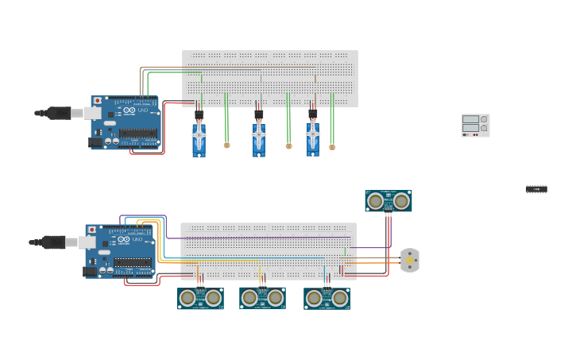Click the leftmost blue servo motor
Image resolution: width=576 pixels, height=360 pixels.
click(199, 140)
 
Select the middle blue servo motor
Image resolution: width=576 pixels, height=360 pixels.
click(259, 140)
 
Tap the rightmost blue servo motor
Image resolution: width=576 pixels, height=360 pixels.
click(313, 140)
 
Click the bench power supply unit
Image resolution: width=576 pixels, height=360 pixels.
click(475, 126)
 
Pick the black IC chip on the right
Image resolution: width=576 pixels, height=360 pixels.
click(536, 189)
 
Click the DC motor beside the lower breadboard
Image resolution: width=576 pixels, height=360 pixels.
click(409, 260)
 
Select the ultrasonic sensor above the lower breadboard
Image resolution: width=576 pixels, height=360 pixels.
click(389, 201)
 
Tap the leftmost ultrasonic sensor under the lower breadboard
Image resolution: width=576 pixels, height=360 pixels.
click(200, 298)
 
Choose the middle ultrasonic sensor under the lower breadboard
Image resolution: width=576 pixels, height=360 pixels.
click(262, 298)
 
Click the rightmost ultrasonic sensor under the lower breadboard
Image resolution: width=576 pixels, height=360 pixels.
click(327, 298)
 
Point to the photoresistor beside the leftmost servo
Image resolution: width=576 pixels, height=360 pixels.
click(226, 145)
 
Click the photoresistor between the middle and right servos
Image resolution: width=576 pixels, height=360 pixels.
click(288, 146)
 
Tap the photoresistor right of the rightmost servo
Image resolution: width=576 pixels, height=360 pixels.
click(332, 147)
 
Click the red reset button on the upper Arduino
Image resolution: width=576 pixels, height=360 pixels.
click(97, 101)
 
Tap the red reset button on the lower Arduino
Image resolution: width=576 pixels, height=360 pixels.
click(92, 230)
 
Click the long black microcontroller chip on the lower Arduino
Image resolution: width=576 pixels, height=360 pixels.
click(133, 262)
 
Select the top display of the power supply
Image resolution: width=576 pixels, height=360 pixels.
click(471, 119)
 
